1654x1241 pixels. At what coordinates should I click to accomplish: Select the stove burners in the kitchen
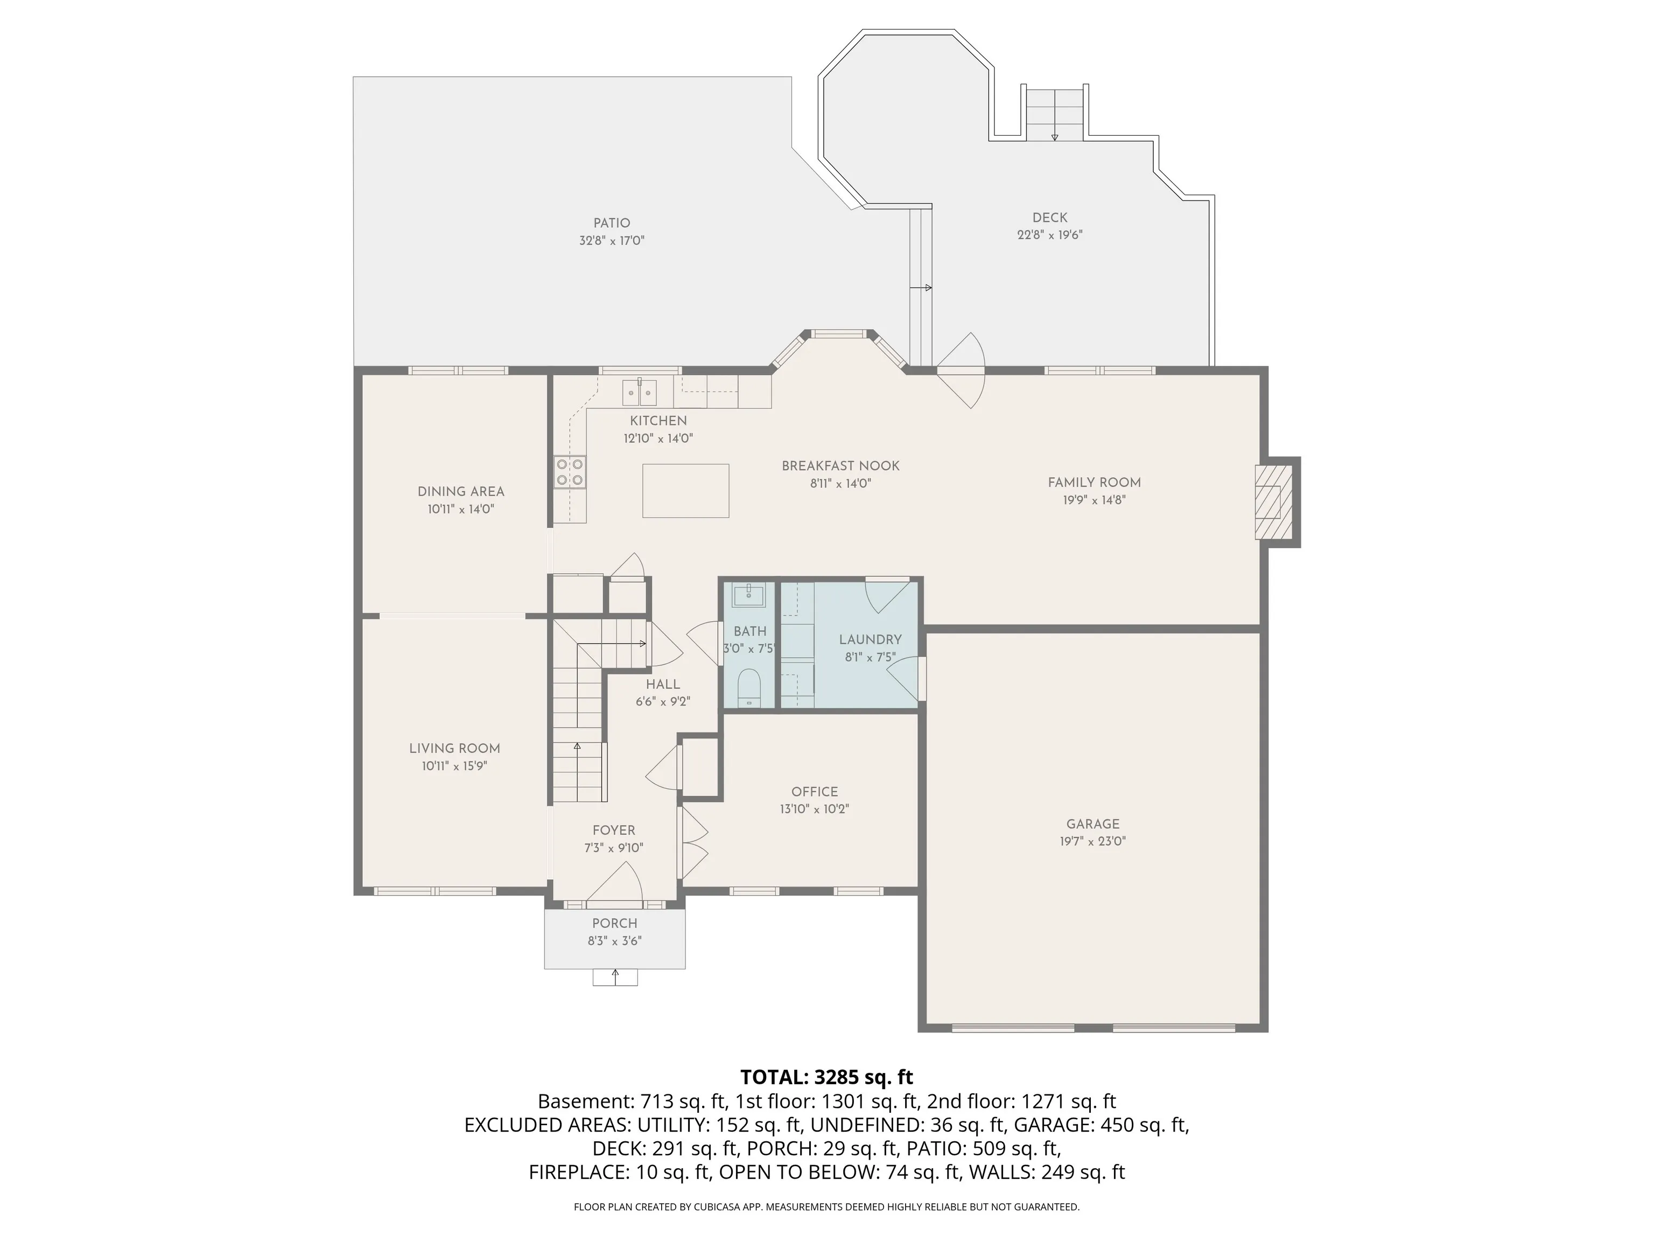coord(570,472)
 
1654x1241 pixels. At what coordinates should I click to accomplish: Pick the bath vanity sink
coord(748,596)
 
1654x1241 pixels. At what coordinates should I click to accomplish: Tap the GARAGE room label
coord(1093,824)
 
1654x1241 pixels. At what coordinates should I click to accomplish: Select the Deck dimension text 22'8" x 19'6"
coord(1050,235)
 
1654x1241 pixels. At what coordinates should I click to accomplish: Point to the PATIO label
coord(612,223)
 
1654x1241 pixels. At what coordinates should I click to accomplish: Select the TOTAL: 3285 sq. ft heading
coord(826,1077)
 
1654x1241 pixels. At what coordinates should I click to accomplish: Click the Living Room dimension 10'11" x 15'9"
coord(454,766)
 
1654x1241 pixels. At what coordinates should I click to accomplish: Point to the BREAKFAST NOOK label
coord(840,466)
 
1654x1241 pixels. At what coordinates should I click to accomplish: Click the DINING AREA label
coord(460,491)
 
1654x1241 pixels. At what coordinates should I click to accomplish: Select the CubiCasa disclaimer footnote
coord(826,1207)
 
